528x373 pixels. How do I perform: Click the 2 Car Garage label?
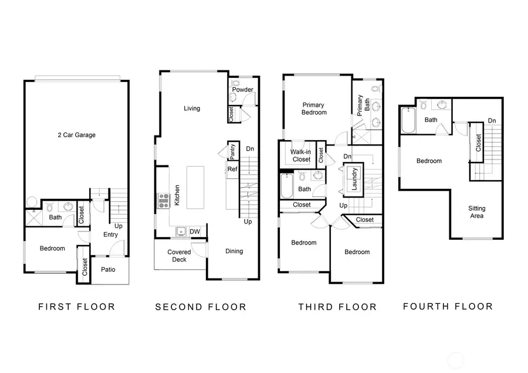77,135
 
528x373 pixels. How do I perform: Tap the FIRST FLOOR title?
76,306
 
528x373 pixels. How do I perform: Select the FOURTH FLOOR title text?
448,306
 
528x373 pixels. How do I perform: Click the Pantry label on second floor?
232,151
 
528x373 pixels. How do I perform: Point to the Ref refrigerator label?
232,169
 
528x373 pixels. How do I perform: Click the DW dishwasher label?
195,232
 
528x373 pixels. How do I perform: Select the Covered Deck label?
180,256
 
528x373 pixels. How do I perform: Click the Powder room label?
242,90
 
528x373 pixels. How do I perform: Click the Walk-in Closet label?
300,155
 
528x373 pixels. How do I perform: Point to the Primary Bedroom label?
313,108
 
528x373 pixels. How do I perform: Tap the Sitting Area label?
476,212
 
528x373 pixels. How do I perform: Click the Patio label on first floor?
107,270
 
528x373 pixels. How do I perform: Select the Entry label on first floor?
110,235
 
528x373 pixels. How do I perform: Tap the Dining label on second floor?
234,251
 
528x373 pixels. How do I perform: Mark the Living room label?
192,108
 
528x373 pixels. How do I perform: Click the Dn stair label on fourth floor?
492,121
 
